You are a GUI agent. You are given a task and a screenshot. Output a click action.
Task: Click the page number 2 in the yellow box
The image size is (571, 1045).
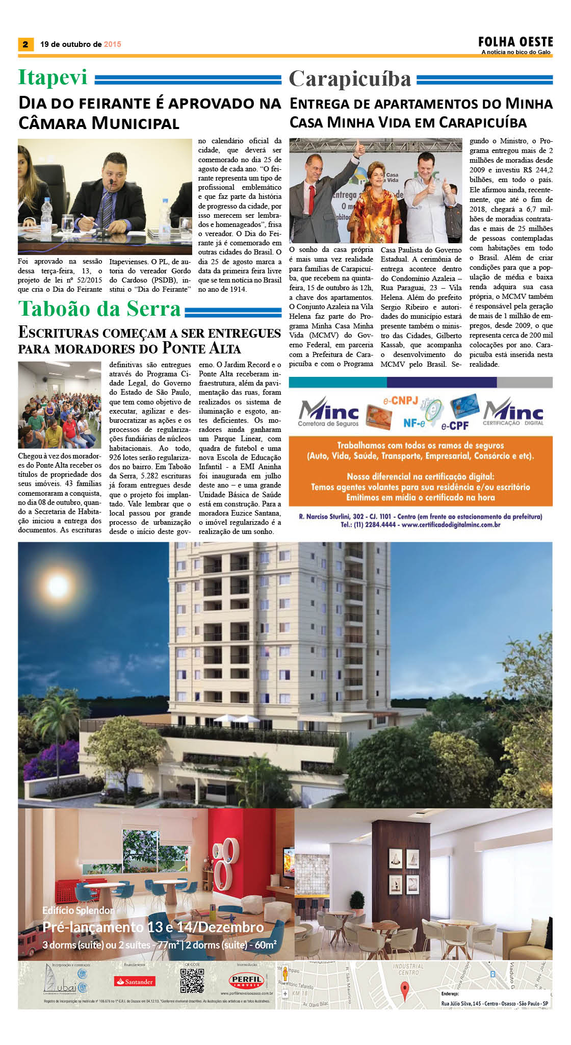(25, 44)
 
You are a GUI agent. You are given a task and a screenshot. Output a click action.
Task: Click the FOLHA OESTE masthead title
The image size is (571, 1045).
(515, 42)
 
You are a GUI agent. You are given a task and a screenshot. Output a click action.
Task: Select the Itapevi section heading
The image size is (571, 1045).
(53, 78)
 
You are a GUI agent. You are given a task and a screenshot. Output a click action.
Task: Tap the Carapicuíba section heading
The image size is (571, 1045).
(350, 79)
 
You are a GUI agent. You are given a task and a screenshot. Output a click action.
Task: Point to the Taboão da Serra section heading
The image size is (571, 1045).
(99, 309)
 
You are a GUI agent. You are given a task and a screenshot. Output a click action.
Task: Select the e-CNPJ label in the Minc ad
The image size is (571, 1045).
(400, 400)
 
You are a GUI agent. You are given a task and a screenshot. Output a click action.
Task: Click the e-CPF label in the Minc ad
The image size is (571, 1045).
(455, 426)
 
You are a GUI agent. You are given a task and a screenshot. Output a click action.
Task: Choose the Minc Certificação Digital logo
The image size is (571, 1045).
(513, 412)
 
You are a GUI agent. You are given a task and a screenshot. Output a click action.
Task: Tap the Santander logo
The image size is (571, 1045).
(135, 982)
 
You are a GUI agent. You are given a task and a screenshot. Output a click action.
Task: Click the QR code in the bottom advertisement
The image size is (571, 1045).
(192, 981)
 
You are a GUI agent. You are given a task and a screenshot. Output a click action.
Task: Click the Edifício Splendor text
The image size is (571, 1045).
(78, 910)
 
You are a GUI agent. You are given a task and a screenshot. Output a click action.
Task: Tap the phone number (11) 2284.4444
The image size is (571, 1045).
(368, 524)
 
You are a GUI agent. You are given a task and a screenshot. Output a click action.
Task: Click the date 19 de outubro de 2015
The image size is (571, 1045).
(81, 44)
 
